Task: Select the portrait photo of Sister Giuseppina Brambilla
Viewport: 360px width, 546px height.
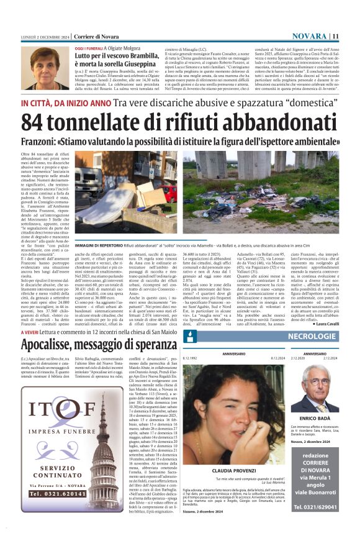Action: point(45,68)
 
